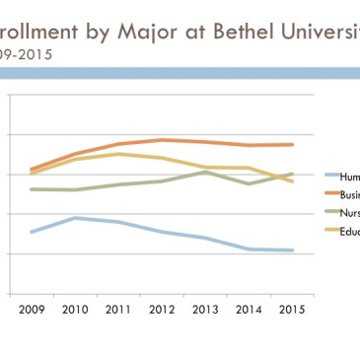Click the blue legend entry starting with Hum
(x=347, y=176)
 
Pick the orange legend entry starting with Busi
(x=347, y=194)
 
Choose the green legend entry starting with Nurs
(x=347, y=213)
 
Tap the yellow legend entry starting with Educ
(x=347, y=232)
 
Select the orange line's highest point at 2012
(x=163, y=140)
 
